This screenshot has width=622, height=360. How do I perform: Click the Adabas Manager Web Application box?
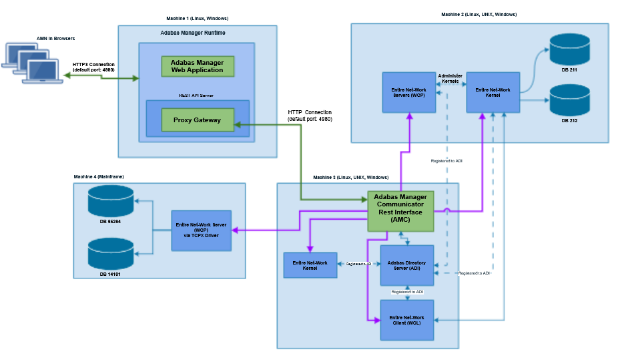[x=197, y=66]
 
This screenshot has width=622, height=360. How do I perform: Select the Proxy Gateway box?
[x=197, y=120]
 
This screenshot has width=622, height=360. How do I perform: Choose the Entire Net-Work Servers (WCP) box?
[x=408, y=92]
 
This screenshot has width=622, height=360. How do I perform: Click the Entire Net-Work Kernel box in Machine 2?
[x=493, y=92]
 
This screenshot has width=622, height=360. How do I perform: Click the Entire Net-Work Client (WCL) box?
[x=406, y=319]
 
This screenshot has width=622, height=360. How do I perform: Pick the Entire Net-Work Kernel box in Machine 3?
[x=310, y=265]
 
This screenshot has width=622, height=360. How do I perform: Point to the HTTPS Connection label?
[x=93, y=67]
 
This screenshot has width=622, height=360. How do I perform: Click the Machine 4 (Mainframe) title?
[x=99, y=176]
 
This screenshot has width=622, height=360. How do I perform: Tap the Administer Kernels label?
[x=450, y=78]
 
